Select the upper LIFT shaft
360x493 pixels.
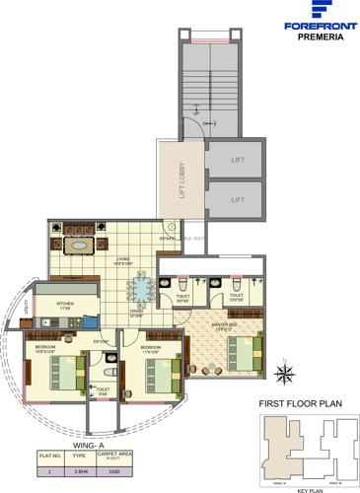[x=235, y=159]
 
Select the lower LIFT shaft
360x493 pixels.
[x=235, y=198]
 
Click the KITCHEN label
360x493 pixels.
[x=65, y=304]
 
